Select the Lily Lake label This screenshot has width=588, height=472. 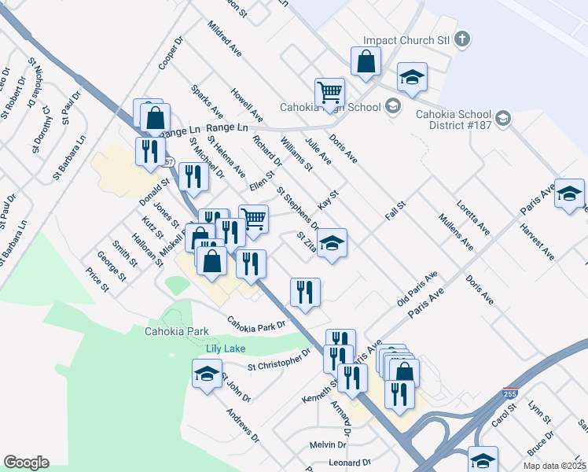point(226,348)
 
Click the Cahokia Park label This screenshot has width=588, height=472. point(176,331)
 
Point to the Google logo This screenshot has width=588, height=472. point(26,463)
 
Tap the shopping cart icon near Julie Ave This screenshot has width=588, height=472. point(329,92)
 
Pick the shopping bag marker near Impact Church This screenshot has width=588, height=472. point(366,61)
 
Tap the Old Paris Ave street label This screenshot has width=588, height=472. point(417,290)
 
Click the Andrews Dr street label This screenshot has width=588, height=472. point(242,426)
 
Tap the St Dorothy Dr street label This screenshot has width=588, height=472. point(42,130)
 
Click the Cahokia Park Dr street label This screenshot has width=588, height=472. point(255,324)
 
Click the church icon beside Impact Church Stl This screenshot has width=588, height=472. point(463,39)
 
